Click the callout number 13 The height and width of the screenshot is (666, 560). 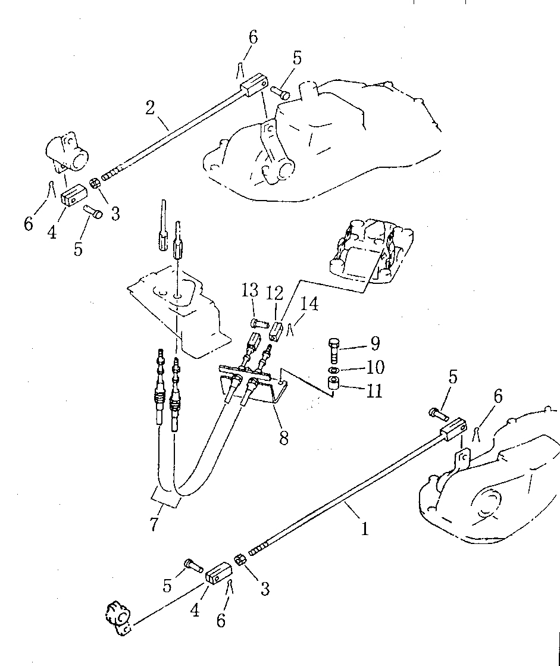(249, 291)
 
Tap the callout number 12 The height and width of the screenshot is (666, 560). (275, 293)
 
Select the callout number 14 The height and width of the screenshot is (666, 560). (309, 304)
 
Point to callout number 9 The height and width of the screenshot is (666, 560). (374, 343)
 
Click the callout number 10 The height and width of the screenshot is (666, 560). (376, 367)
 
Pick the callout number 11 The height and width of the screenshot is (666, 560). (374, 390)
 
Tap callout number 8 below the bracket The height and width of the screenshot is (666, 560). (284, 437)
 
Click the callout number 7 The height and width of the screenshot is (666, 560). (154, 523)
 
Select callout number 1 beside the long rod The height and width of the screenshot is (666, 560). (365, 529)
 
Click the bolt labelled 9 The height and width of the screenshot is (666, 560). (334, 348)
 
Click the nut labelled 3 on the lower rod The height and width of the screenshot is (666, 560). (240, 561)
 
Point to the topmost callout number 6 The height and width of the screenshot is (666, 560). (253, 37)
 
